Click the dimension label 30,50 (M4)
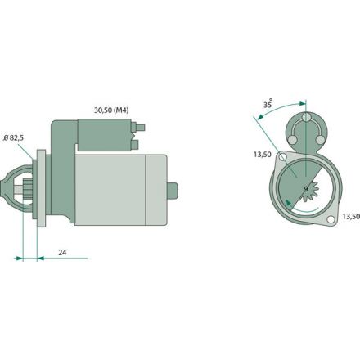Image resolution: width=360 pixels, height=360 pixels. click(x=111, y=110)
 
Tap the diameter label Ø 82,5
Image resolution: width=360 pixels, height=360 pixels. click(x=14, y=138)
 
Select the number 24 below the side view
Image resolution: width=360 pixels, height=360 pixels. click(x=62, y=253)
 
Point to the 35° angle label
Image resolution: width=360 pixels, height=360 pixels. click(x=268, y=104)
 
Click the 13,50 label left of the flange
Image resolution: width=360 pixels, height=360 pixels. click(x=263, y=155)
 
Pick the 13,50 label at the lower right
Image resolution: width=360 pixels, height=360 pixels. click(x=351, y=217)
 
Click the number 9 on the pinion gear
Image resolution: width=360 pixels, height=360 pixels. click(x=306, y=189)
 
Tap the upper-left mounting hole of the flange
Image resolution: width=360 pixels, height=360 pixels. click(x=284, y=157)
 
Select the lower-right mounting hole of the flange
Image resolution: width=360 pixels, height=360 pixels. click(x=331, y=219)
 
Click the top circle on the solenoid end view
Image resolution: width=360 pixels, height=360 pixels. click(x=306, y=118)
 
